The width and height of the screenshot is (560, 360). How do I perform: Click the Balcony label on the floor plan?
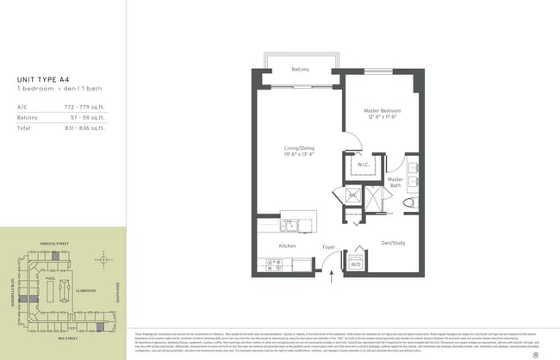300,69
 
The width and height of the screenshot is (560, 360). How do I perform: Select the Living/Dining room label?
300,152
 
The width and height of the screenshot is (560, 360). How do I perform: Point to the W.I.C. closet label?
363,164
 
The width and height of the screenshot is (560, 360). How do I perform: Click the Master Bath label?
395,183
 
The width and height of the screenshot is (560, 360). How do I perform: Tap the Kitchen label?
287,246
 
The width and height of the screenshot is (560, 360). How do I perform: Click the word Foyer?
328,247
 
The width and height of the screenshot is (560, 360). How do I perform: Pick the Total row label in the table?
23,127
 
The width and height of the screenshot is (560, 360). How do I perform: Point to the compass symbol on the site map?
103,259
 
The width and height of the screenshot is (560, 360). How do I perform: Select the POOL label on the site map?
51,279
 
